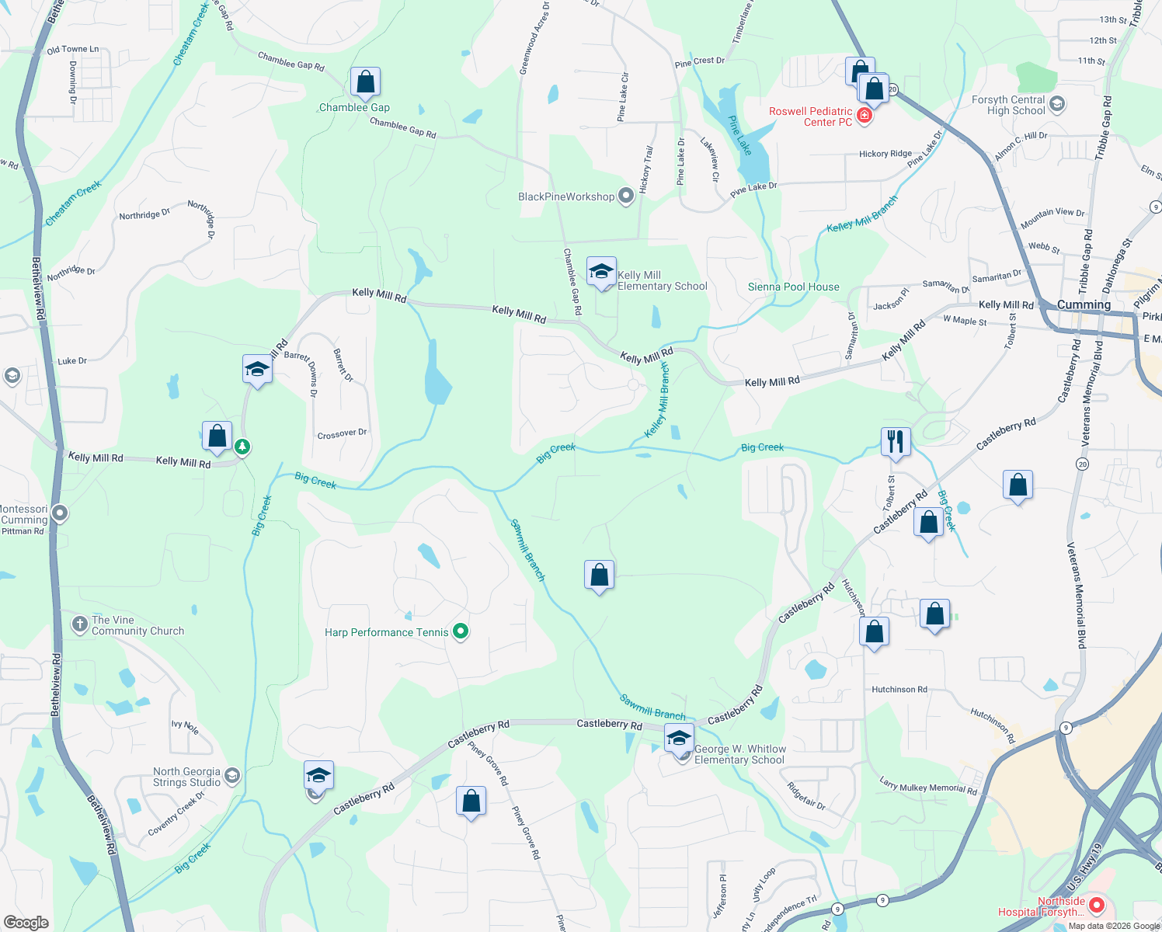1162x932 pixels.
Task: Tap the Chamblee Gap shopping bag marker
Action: (x=365, y=82)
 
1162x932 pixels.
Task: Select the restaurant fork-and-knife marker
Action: (x=896, y=442)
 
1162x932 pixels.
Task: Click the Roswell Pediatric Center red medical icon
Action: (x=865, y=116)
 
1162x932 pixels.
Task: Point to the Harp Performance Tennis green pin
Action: (x=461, y=631)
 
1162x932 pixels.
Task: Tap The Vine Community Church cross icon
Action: (x=80, y=624)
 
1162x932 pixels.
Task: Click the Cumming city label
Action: (x=1084, y=304)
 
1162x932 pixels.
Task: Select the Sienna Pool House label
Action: (x=793, y=287)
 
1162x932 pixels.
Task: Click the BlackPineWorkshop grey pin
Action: (x=626, y=196)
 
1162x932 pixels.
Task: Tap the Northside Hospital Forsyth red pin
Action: (x=1097, y=905)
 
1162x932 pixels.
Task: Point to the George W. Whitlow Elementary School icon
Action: (x=679, y=739)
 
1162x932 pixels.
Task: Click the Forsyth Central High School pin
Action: (x=1056, y=104)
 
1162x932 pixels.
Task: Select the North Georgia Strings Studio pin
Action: (x=231, y=776)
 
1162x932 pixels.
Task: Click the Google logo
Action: (x=26, y=922)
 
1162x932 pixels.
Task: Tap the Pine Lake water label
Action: (x=740, y=135)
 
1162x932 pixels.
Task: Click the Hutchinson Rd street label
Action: (x=899, y=689)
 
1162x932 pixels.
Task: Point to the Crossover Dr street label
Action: (x=342, y=433)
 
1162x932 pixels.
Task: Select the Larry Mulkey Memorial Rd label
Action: (x=928, y=787)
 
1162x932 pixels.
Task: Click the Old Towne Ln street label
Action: (x=73, y=49)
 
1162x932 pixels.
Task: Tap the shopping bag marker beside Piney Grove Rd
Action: (x=471, y=802)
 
